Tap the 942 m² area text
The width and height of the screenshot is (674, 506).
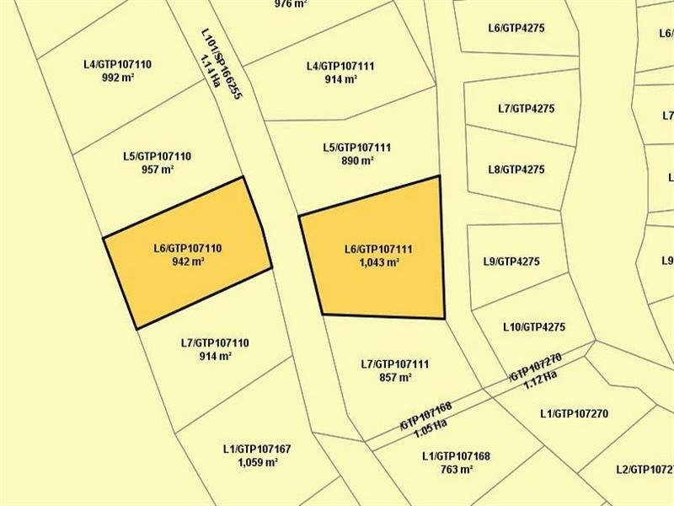187,261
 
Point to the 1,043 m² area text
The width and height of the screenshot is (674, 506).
378,262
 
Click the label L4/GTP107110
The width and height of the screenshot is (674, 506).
117,63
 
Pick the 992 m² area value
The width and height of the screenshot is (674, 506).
117,77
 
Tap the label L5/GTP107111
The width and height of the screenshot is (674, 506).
356,148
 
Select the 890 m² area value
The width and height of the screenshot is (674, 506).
357,161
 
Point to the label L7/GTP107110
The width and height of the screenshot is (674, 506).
215,343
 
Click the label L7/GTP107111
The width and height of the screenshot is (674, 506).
395,364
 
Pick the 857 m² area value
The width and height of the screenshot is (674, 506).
395,378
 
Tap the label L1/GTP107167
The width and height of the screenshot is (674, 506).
257,449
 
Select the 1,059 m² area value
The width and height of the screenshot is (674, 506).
258,462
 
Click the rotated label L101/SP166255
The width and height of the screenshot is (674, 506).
222,64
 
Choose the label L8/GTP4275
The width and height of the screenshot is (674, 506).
516,170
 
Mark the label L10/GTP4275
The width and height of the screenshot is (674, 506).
533,327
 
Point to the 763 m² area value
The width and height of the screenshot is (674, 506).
456,470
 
